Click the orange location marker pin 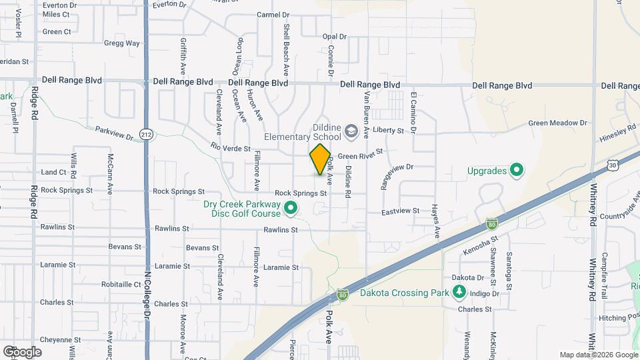point(320,159)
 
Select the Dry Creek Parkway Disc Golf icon point(290,209)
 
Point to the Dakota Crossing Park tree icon point(459,292)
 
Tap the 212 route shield point(147,135)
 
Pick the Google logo point(22,351)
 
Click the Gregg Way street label point(122,43)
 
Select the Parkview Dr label point(114,133)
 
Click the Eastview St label point(400,211)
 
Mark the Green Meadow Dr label point(557,123)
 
